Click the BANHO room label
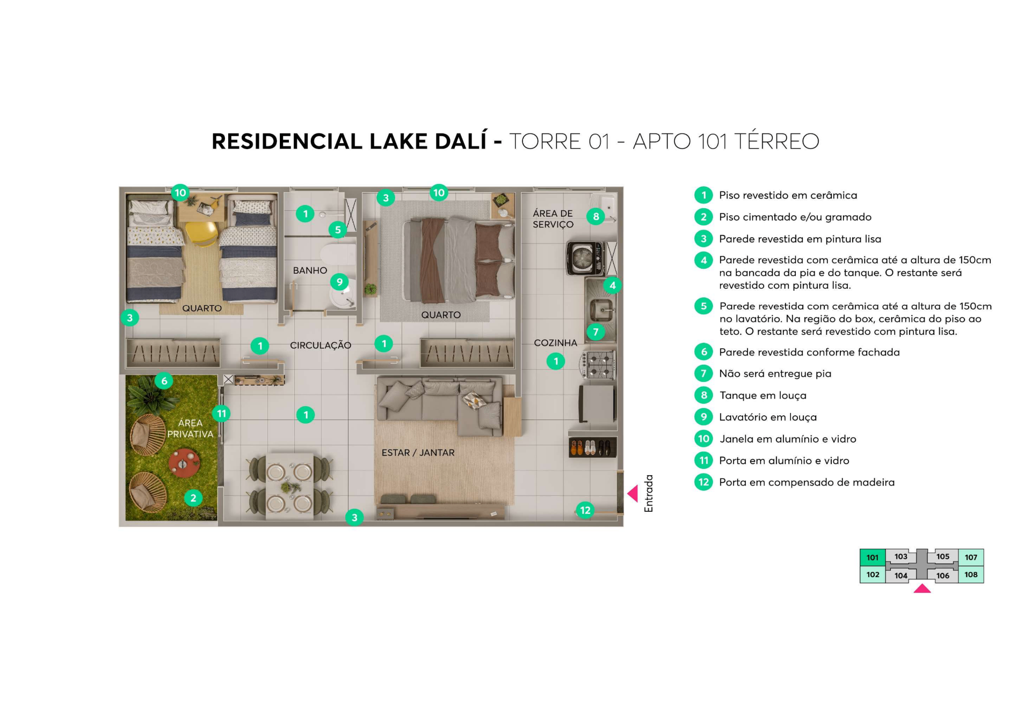coord(310,270)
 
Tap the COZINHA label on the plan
coord(555,343)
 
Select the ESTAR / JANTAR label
coord(418,453)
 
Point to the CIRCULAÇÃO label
coord(321,345)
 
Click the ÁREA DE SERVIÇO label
coord(553,219)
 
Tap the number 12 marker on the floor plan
coord(585,510)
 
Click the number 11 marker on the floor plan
coord(221,414)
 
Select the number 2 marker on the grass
coord(193,498)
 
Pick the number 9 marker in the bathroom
coord(339,282)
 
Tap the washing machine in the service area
coord(585,259)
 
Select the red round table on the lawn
coord(184,463)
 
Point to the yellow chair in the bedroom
coord(201,233)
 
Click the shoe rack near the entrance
coord(592,447)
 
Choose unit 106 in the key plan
coord(942,576)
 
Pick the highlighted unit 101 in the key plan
coord(873,557)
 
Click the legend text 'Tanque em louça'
coord(763,396)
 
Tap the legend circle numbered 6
coord(703,352)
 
